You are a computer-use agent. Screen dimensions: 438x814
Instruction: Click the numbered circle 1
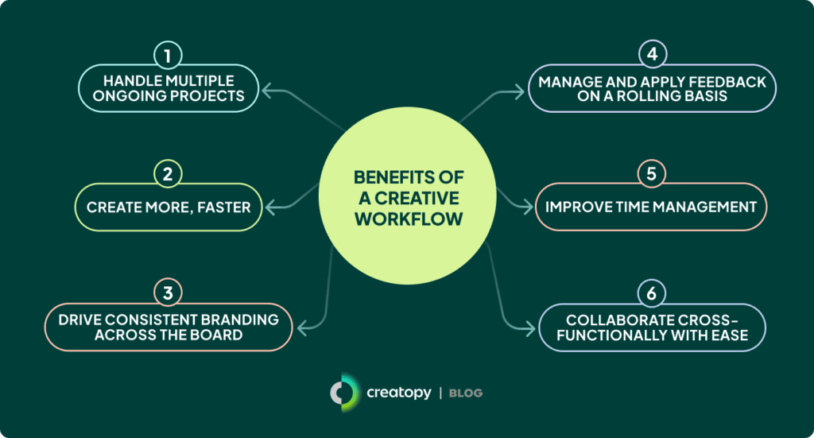tap(169, 56)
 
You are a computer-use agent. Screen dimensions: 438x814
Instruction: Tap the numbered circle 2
tap(169, 174)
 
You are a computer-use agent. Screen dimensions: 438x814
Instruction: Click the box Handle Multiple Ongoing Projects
tap(169, 89)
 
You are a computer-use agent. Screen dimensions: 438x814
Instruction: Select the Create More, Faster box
tap(169, 207)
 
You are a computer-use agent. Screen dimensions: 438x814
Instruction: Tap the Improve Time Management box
tap(650, 207)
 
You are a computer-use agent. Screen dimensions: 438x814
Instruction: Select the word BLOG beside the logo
tap(465, 393)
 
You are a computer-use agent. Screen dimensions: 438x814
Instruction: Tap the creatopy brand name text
tap(398, 393)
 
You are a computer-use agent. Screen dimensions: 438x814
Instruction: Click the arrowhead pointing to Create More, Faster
tap(268, 207)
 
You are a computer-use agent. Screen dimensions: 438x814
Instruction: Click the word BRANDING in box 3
tap(242, 320)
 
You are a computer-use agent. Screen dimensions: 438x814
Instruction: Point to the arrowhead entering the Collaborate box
tap(533, 327)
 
